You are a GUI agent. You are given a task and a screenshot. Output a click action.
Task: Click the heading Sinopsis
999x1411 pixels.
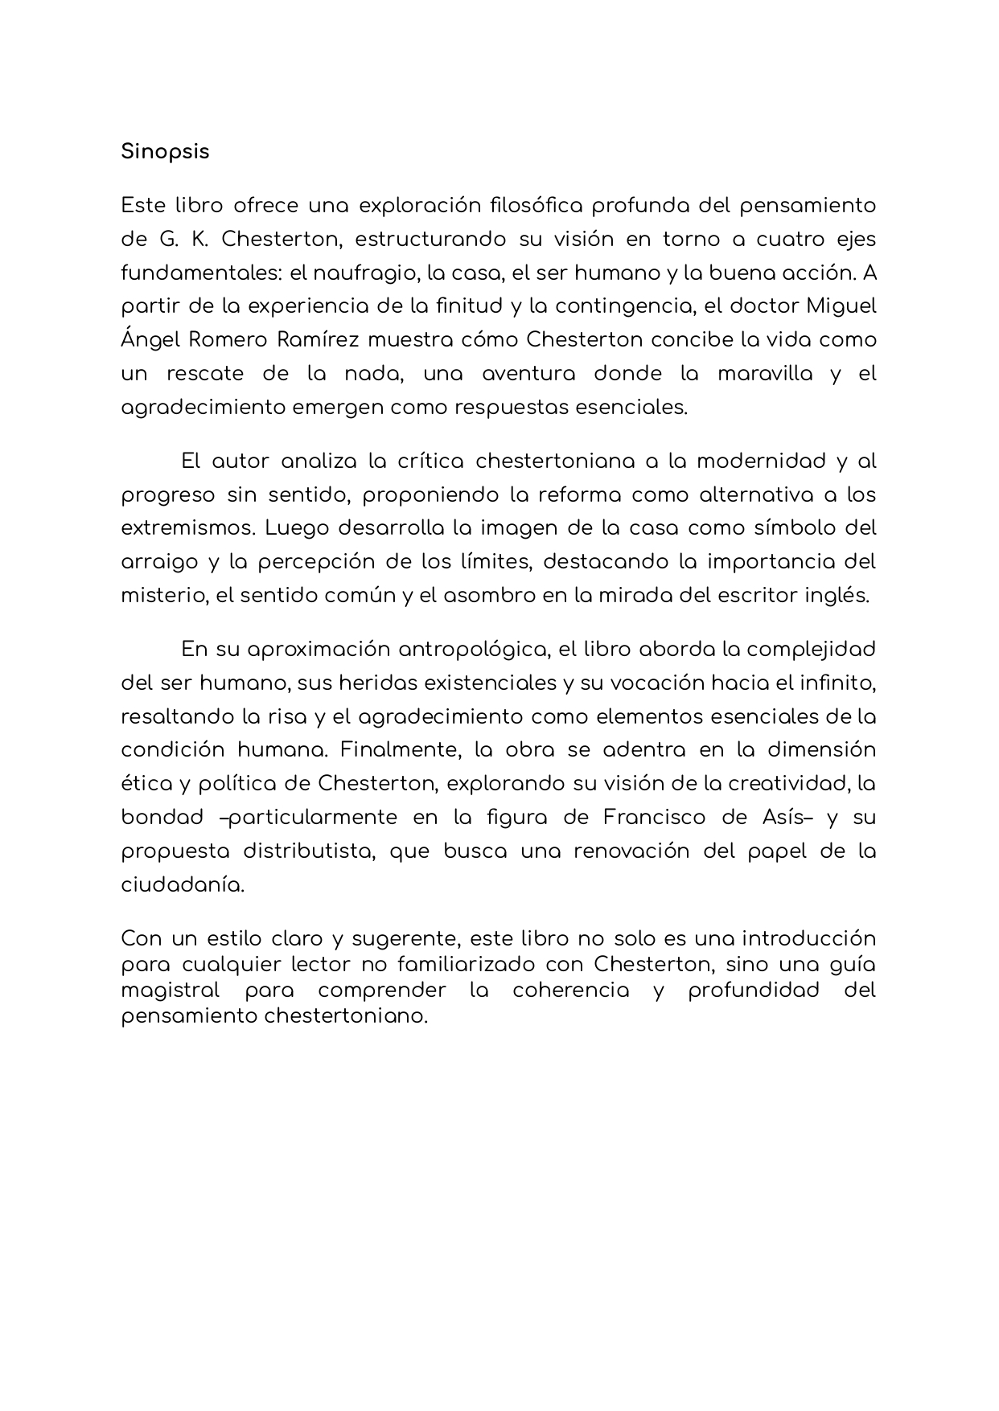(x=165, y=152)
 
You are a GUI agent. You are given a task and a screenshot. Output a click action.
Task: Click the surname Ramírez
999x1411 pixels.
(x=319, y=340)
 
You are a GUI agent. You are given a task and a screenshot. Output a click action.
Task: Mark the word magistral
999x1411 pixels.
(x=170, y=991)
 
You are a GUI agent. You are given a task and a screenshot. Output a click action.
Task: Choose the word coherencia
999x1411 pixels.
(x=571, y=991)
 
